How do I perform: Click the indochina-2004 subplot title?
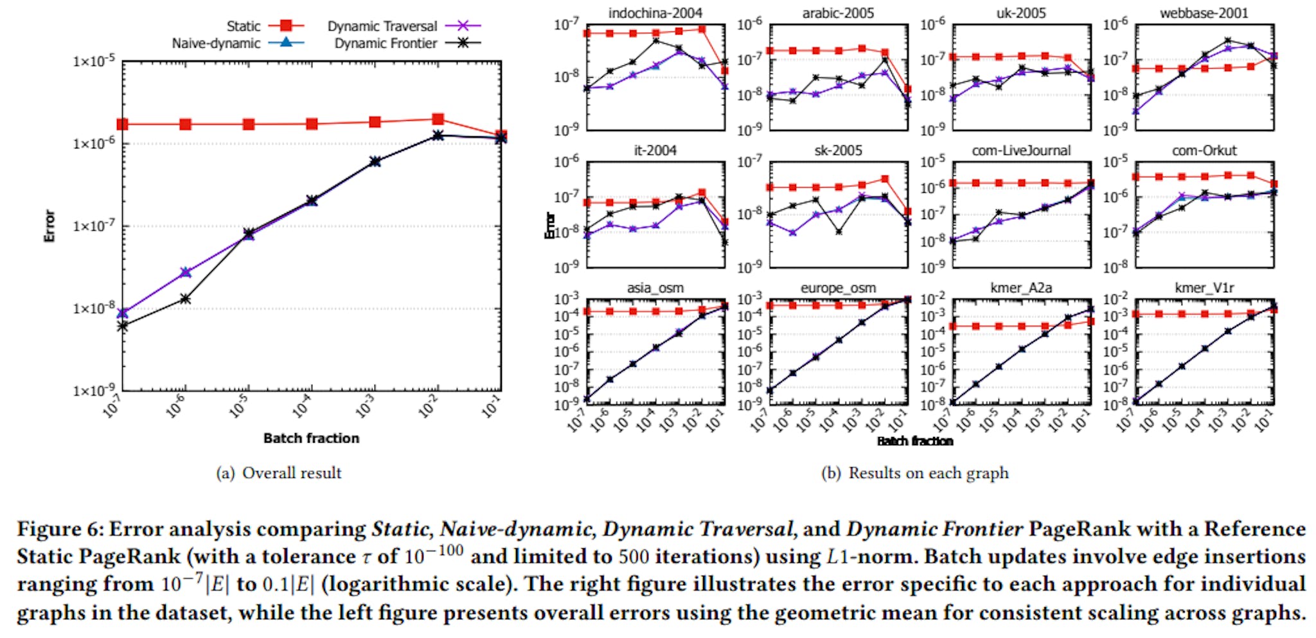tap(655, 13)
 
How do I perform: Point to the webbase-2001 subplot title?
tap(1204, 13)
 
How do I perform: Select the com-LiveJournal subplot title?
tap(1021, 150)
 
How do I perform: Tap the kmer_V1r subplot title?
tap(1204, 288)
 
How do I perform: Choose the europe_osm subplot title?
tap(838, 288)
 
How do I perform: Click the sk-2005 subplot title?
tap(838, 150)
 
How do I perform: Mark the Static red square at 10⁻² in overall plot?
tap(438, 119)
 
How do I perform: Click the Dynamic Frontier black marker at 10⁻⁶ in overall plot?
tap(186, 299)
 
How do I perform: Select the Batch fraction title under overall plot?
tap(311, 438)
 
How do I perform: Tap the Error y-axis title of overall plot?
tap(49, 226)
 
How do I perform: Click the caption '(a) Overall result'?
tap(279, 474)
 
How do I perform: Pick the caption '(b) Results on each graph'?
tap(915, 474)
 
